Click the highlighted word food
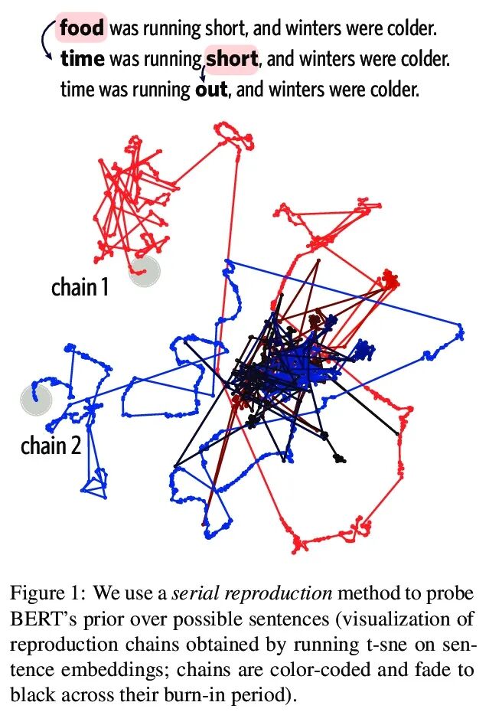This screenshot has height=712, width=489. coord(82,30)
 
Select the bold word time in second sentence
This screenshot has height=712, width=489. coord(83,59)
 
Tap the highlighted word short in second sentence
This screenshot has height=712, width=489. coord(232,59)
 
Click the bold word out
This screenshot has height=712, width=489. coord(211,89)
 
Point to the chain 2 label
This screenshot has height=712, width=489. coord(51,446)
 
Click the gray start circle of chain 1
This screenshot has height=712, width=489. coord(144,271)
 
